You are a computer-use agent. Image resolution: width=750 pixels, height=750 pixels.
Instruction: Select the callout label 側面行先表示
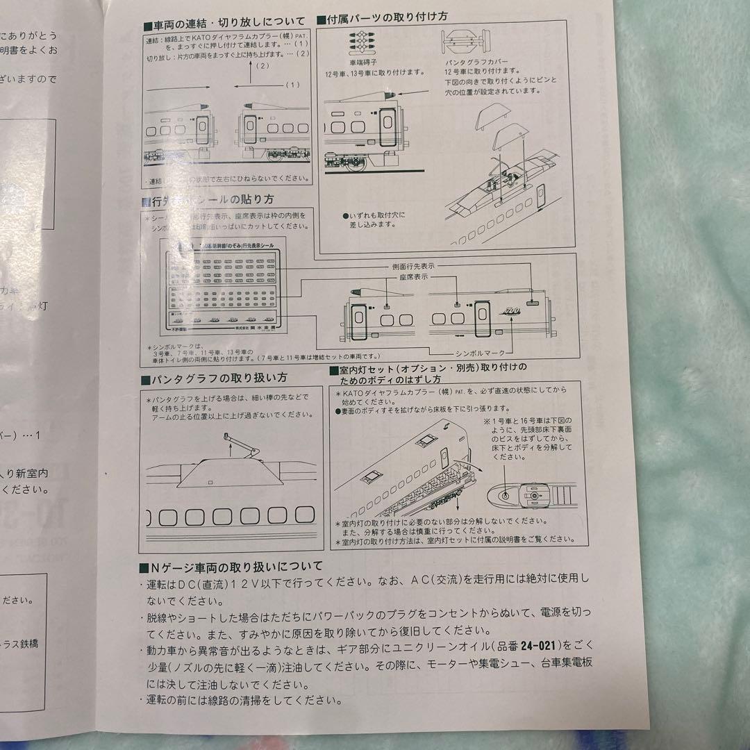[415, 266]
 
